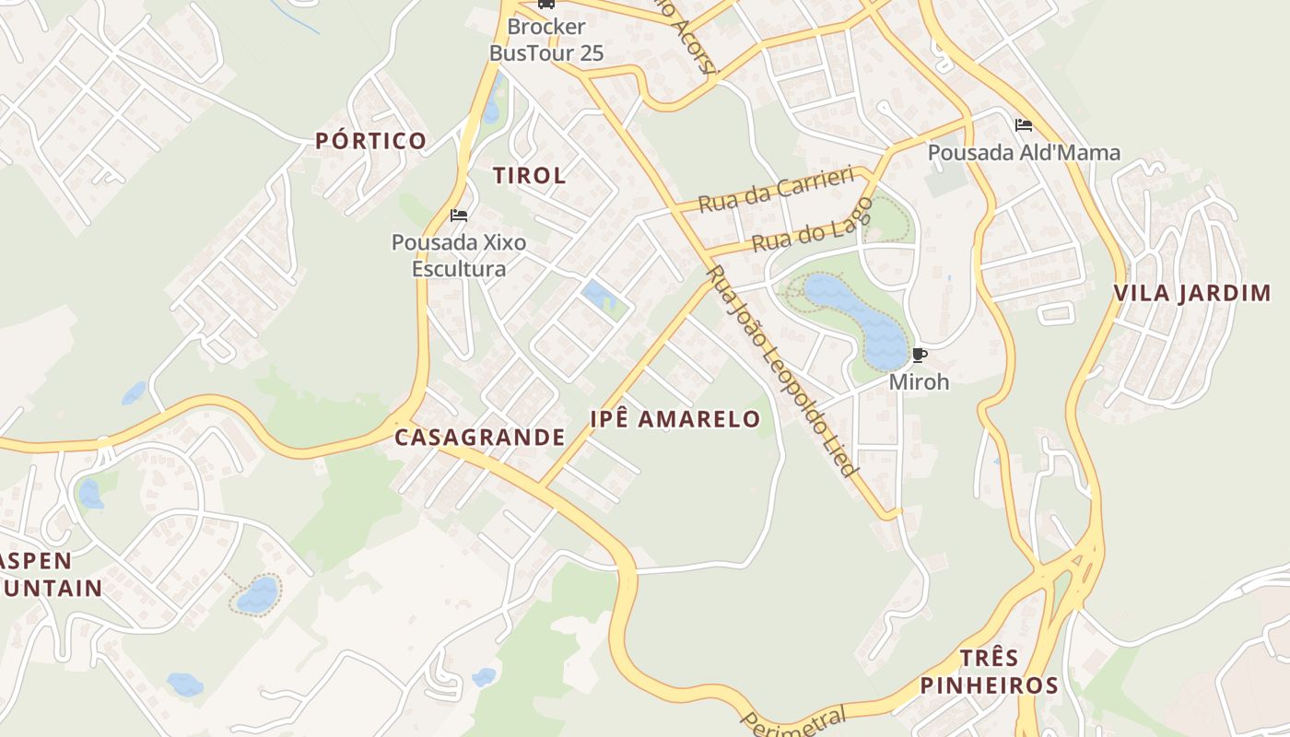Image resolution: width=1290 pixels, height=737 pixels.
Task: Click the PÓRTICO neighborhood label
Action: click(x=370, y=141)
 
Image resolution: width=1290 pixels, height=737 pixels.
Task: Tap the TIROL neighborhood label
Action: click(x=529, y=175)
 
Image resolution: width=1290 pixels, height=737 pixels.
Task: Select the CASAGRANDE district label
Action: click(x=479, y=438)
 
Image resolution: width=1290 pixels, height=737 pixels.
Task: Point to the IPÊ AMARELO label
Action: click(x=675, y=420)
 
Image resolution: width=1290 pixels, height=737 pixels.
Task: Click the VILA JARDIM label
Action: click(x=1192, y=294)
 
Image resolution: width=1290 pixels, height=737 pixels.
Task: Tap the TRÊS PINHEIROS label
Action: click(x=989, y=672)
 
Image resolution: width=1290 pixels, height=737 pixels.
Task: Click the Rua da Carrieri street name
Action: click(x=776, y=190)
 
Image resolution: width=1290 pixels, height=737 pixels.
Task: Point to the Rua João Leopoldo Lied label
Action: click(x=780, y=371)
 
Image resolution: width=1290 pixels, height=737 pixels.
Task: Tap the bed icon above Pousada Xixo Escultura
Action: click(x=458, y=216)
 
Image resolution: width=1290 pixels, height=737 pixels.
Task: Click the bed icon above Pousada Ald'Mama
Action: click(x=1023, y=125)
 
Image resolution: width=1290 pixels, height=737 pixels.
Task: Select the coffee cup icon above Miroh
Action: click(x=919, y=355)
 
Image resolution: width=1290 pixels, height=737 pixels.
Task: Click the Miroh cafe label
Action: click(x=919, y=381)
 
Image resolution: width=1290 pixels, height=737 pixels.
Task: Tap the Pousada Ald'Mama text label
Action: click(x=1024, y=152)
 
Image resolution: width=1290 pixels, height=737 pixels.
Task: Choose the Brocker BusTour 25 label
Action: click(x=546, y=41)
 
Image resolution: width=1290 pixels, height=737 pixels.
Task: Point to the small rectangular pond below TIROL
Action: click(x=597, y=295)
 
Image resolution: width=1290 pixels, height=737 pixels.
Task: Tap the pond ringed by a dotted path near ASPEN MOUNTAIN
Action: click(x=257, y=594)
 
